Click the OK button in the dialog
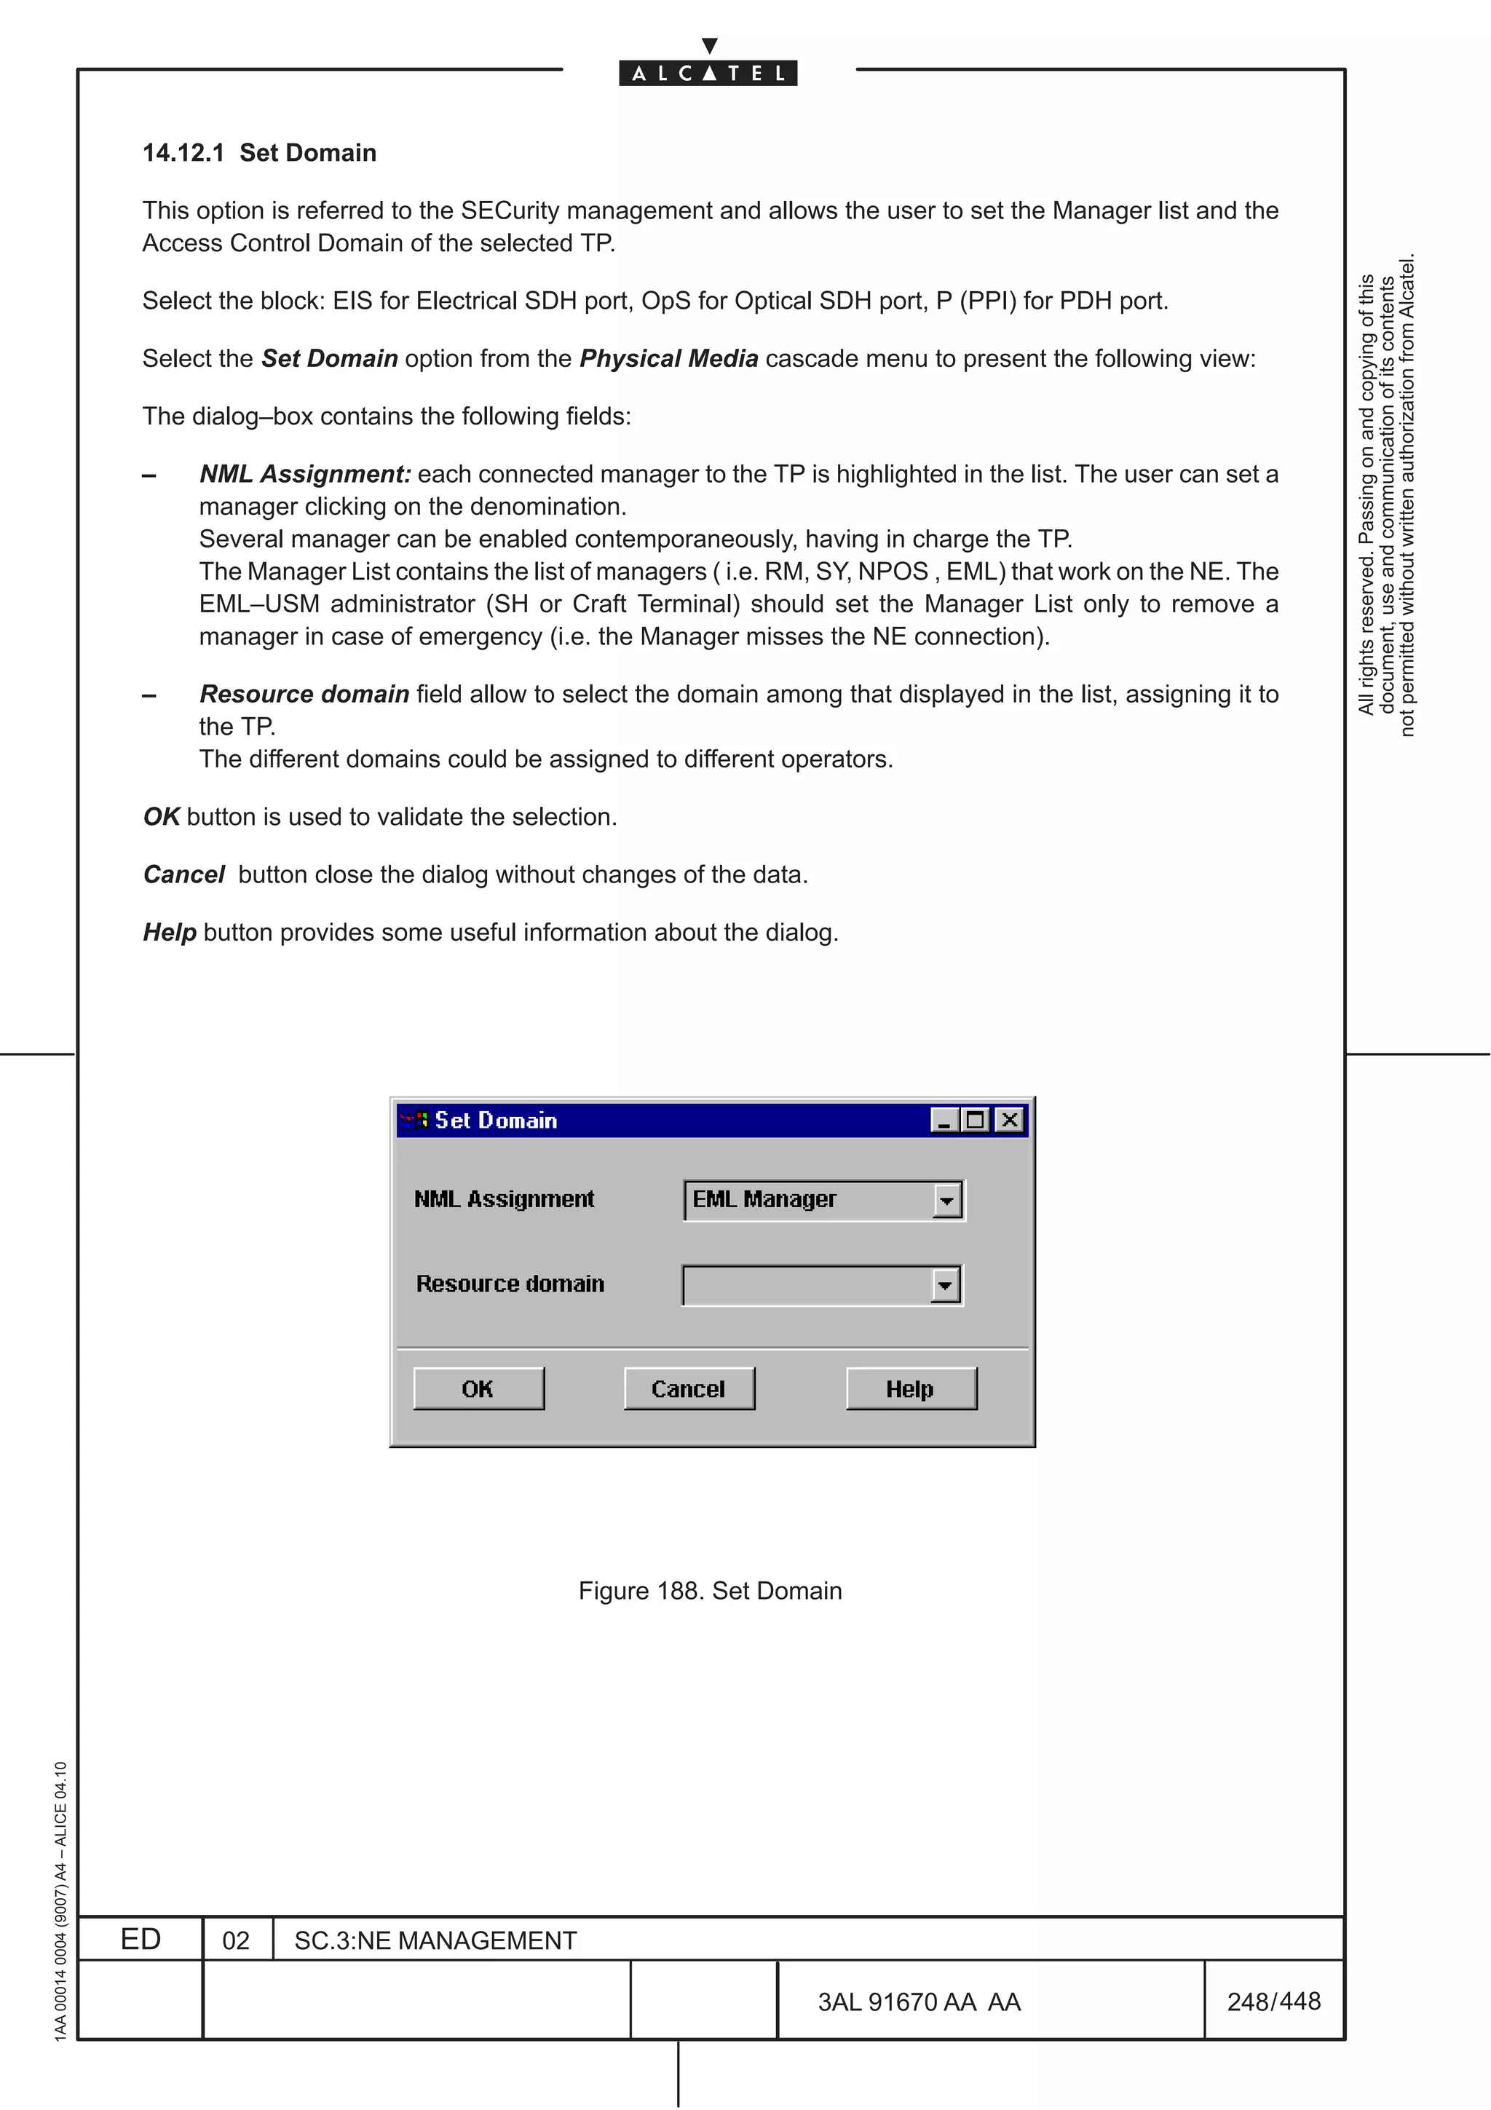[x=478, y=1388]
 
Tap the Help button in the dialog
[x=911, y=1388]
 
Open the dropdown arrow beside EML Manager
[x=946, y=1200]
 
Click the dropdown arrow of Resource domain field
[x=944, y=1285]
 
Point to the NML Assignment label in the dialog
[x=503, y=1199]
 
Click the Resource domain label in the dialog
[x=510, y=1284]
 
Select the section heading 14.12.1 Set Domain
[x=259, y=153]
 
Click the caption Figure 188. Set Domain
[x=709, y=1591]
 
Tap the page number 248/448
[x=1273, y=2001]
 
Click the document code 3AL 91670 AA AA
[x=919, y=2002]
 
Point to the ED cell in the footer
[x=141, y=1939]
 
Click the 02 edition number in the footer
[x=236, y=1940]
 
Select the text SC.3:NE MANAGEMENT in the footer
[x=435, y=1940]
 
